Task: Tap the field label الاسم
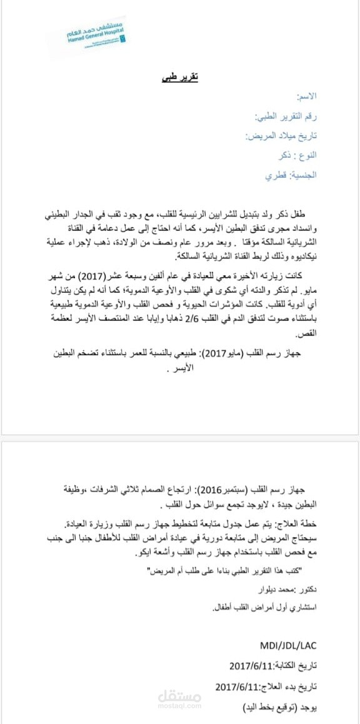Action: click(x=306, y=96)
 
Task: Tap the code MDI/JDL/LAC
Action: click(x=288, y=645)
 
